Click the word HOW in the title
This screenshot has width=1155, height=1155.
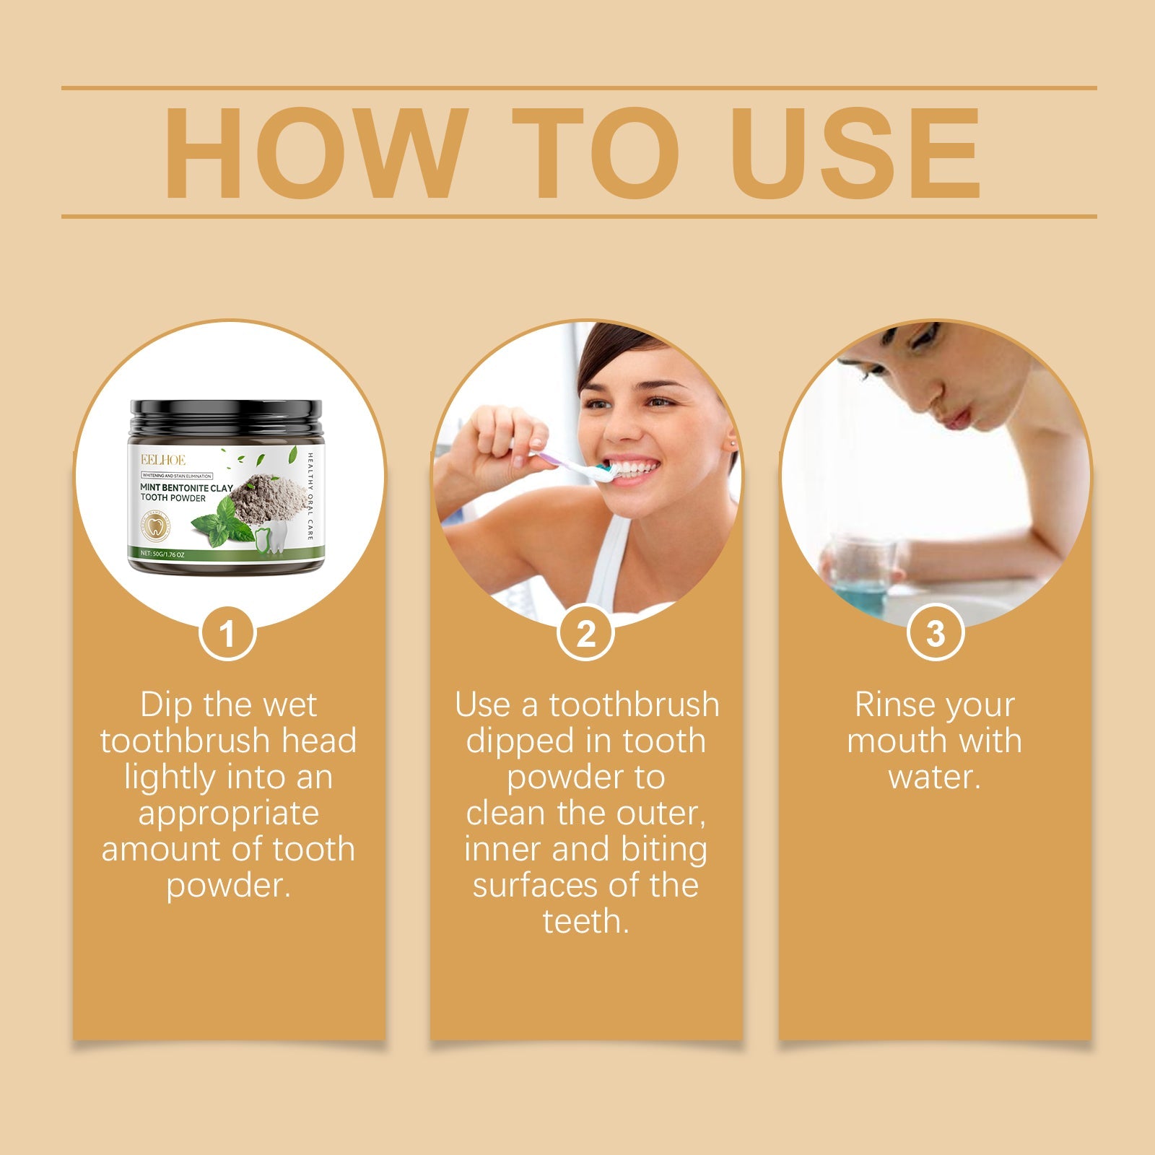pyautogui.click(x=312, y=153)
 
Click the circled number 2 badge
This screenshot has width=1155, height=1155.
pyautogui.click(x=585, y=634)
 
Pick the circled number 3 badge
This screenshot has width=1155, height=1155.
pyautogui.click(x=935, y=633)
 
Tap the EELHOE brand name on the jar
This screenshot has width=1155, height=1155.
pyautogui.click(x=163, y=460)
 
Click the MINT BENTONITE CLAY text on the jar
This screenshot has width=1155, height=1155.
pyautogui.click(x=186, y=488)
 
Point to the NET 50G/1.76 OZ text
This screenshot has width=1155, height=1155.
pyautogui.click(x=163, y=554)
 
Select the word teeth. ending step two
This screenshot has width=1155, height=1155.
pyautogui.click(x=585, y=922)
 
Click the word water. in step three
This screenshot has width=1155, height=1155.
pyautogui.click(x=934, y=777)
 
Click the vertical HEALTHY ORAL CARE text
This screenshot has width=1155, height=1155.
pyautogui.click(x=310, y=496)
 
